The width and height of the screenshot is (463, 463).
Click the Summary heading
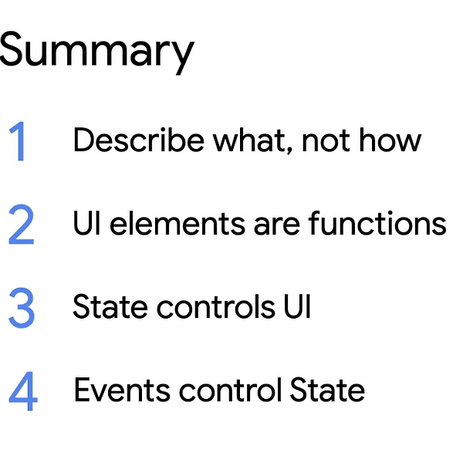pyautogui.click(x=97, y=52)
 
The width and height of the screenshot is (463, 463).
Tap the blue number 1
pyautogui.click(x=19, y=141)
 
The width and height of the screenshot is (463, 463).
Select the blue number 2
pyautogui.click(x=22, y=225)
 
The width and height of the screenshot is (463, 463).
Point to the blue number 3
pyautogui.click(x=22, y=308)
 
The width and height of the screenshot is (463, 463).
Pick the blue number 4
pyautogui.click(x=23, y=391)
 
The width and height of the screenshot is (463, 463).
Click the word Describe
pyautogui.click(x=139, y=140)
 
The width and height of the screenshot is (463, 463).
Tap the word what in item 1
pyautogui.click(x=250, y=140)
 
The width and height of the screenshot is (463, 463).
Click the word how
pyautogui.click(x=390, y=140)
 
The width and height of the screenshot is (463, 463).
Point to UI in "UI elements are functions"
pyautogui.click(x=86, y=223)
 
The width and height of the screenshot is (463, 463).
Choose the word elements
pyautogui.click(x=177, y=223)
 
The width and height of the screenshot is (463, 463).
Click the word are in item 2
pyautogui.click(x=277, y=226)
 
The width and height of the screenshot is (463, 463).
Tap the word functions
pyautogui.click(x=377, y=223)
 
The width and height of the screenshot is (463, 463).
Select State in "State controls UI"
pyautogui.click(x=110, y=306)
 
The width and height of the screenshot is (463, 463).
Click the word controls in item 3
pyautogui.click(x=216, y=306)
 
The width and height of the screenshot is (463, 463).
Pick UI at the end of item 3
pyautogui.click(x=298, y=306)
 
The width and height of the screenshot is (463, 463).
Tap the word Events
pyautogui.click(x=122, y=390)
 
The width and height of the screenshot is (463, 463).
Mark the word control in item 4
pyautogui.click(x=230, y=390)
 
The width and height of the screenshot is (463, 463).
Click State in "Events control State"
pyautogui.click(x=327, y=390)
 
